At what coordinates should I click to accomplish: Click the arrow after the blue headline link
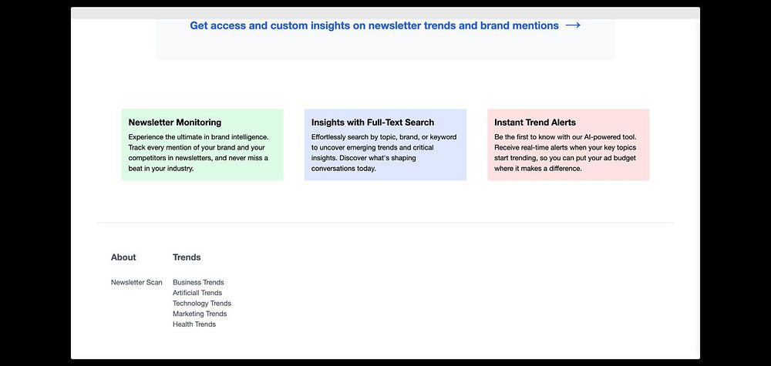point(573,25)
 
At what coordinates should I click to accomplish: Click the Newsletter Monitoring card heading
point(175,123)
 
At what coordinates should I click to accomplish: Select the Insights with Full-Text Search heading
point(372,123)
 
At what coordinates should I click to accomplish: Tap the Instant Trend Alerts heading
point(535,123)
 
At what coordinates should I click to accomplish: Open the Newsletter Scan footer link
point(136,283)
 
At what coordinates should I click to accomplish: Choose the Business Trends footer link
point(198,283)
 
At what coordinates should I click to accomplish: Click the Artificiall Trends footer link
point(197,293)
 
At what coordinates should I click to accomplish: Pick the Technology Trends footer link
point(201,304)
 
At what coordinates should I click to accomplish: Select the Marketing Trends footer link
point(200,314)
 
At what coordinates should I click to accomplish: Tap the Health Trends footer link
point(194,324)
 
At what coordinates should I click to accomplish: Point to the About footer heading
point(123,257)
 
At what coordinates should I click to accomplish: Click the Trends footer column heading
point(187,257)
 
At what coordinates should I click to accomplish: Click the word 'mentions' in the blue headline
point(536,25)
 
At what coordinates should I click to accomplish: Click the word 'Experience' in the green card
point(146,137)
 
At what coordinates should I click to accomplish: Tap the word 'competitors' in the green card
point(146,158)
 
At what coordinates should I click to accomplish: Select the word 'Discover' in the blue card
point(354,158)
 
